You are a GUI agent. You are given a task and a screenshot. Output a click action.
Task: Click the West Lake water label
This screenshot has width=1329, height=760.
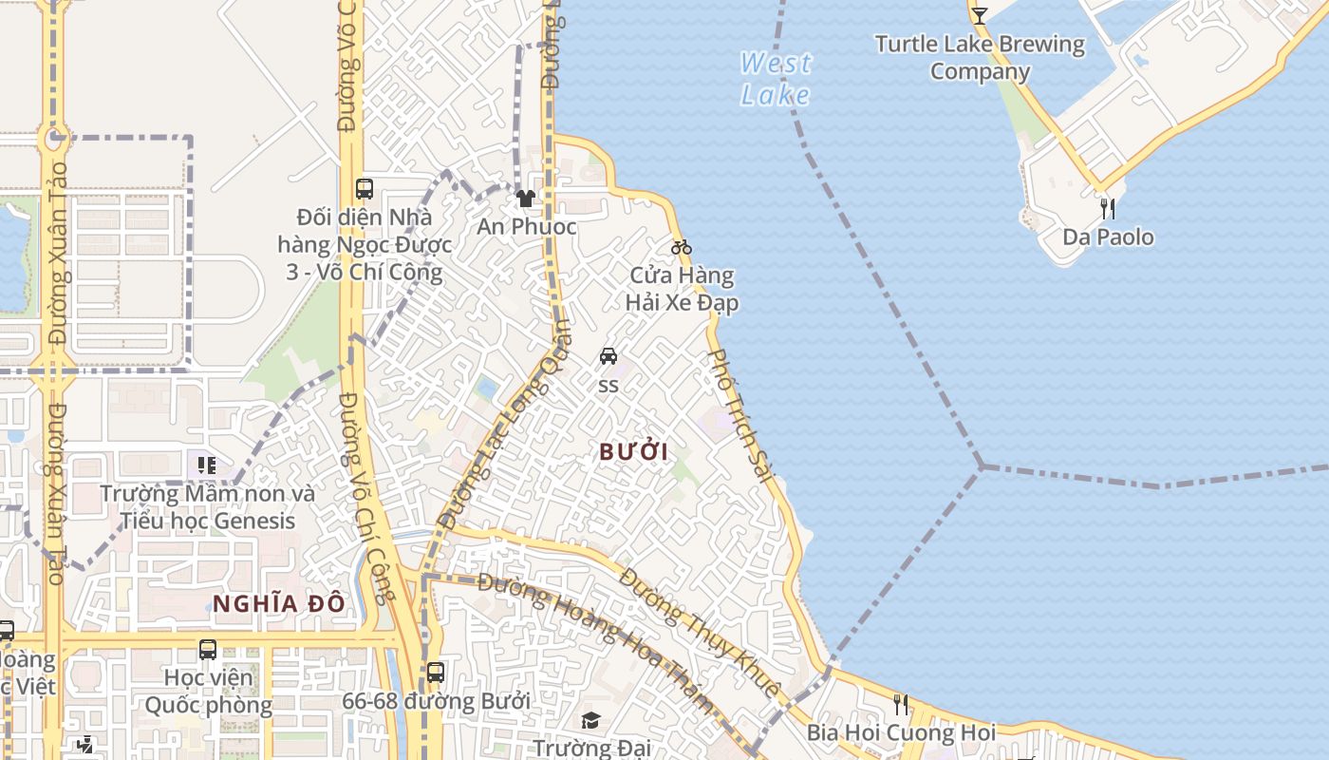tap(776, 79)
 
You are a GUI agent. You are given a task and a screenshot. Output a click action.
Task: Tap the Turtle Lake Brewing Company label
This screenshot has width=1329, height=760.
tap(980, 58)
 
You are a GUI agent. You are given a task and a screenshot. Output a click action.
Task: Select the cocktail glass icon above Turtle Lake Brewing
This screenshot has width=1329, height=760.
tap(980, 15)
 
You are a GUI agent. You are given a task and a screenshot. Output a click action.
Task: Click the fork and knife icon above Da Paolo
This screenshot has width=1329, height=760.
tap(1108, 208)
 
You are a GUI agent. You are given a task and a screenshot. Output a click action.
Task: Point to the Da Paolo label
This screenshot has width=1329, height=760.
tap(1108, 237)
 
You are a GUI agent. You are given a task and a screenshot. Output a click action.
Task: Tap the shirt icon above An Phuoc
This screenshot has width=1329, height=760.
tap(525, 199)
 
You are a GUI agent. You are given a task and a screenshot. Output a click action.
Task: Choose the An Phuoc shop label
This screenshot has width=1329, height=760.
tap(527, 226)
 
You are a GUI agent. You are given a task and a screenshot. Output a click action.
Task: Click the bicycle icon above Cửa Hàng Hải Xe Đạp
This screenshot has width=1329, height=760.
tap(682, 247)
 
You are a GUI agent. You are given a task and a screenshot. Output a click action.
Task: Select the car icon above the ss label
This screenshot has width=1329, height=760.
tap(608, 356)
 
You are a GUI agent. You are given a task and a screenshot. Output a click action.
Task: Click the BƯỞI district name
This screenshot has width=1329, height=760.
tap(633, 452)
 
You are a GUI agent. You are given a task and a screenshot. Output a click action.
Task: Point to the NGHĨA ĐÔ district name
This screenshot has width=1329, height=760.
tap(278, 603)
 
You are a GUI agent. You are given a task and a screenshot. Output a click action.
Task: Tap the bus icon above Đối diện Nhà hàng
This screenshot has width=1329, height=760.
tap(365, 188)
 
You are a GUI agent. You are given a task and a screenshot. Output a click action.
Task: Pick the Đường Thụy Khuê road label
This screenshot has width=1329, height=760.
tap(700, 631)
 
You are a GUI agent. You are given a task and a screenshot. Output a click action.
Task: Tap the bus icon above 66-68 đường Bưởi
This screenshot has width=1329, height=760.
tap(435, 673)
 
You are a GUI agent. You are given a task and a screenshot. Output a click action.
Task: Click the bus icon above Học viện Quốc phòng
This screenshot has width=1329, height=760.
tap(208, 650)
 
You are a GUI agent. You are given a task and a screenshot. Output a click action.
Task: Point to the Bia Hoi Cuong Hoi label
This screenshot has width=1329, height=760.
tap(901, 732)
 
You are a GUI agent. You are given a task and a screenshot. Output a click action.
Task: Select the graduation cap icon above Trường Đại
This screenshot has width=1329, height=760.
tap(590, 720)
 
